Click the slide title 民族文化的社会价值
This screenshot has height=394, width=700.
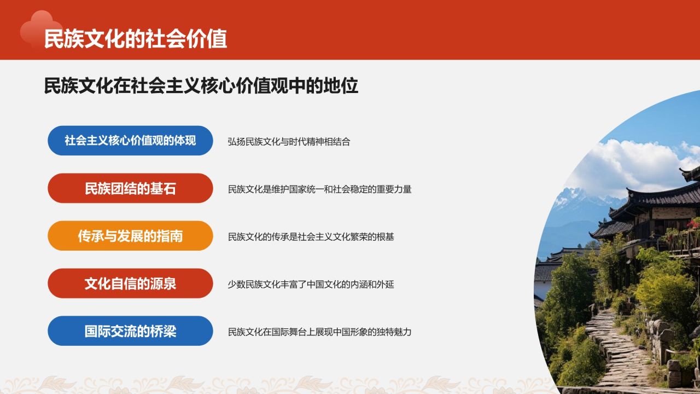click(x=136, y=39)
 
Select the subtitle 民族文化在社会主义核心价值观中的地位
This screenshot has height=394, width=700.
click(x=201, y=86)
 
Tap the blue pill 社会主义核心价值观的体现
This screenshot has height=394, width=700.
click(x=130, y=140)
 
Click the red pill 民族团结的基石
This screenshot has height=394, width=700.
click(x=130, y=188)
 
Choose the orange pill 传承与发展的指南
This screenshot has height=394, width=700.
click(x=130, y=236)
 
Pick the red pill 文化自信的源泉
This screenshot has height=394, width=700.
click(x=130, y=283)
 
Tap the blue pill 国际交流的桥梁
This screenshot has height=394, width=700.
click(x=130, y=331)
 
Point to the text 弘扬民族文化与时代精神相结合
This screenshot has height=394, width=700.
click(x=289, y=141)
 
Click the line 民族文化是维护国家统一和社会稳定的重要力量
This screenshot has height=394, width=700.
click(x=319, y=189)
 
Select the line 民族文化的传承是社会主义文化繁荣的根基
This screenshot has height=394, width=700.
click(x=311, y=237)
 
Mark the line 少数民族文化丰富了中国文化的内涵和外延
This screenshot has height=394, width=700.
click(x=311, y=285)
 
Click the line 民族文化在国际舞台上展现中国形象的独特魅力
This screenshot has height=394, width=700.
click(x=319, y=332)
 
